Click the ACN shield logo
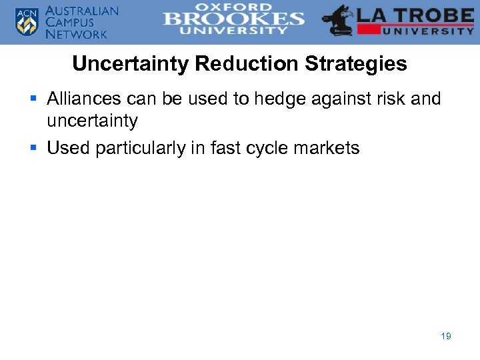tap(27, 21)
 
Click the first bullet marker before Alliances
tap(35, 99)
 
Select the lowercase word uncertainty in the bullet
tap(92, 121)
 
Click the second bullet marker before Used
tap(35, 148)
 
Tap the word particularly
tap(146, 148)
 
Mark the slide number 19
tap(446, 336)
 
